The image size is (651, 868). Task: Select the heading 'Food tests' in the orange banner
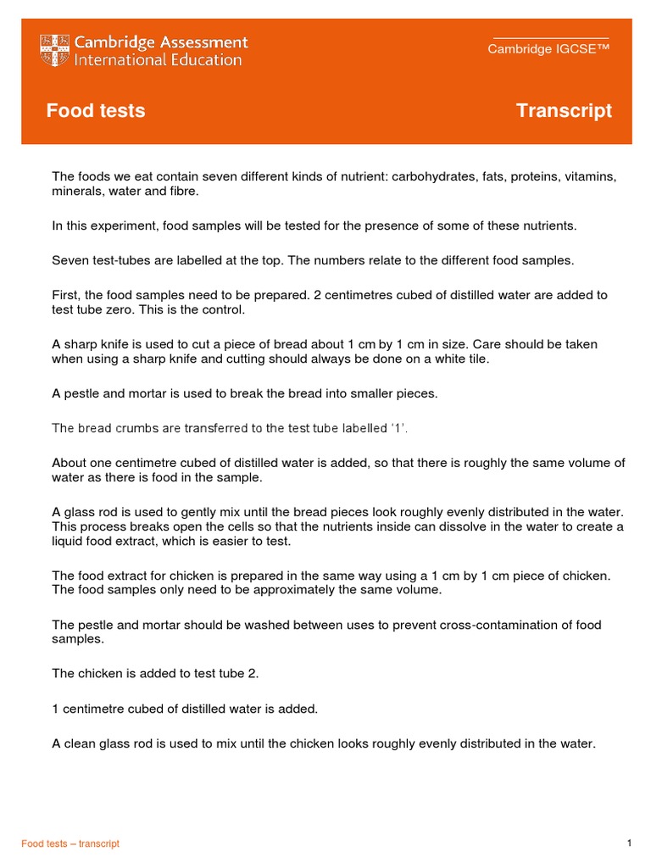point(95,111)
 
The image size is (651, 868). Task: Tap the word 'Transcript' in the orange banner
point(564,111)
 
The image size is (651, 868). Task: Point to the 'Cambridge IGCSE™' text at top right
point(548,48)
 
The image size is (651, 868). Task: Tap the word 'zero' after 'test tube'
point(122,309)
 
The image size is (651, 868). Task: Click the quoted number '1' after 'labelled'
point(398,428)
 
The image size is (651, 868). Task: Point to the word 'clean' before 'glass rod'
point(83,743)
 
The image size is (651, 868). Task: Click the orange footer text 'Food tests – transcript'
point(70,843)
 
